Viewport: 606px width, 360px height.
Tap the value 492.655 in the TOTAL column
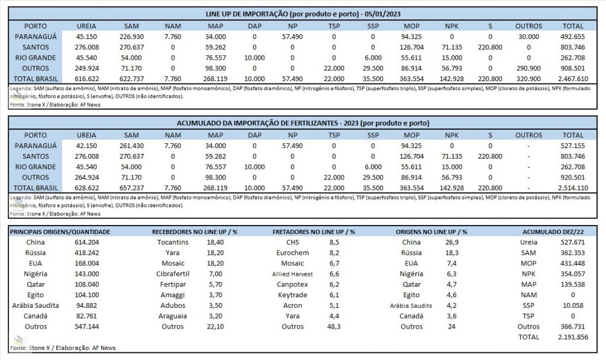[573, 37]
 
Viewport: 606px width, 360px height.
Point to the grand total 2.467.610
[573, 79]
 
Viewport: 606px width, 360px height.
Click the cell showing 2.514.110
[573, 188]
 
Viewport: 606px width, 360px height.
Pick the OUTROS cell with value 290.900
[528, 69]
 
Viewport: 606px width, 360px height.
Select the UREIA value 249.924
[86, 69]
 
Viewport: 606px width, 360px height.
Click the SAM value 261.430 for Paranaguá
[131, 146]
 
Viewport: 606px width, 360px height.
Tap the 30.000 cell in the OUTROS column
[528, 37]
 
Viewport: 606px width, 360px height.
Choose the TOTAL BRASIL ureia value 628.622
[86, 188]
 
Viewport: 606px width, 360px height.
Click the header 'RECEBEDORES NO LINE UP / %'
[194, 232]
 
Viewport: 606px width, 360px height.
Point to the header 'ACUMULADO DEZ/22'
[553, 232]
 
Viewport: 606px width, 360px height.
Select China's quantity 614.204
[86, 242]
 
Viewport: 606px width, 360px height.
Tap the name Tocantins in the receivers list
[173, 242]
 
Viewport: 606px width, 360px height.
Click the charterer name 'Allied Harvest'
[292, 274]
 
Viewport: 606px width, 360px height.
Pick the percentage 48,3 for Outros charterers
[334, 327]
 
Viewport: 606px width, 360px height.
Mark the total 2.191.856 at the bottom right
[573, 337]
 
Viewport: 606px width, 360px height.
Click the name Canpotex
[292, 285]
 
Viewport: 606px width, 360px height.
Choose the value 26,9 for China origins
[452, 242]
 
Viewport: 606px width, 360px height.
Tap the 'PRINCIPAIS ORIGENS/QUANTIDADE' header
[60, 232]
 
